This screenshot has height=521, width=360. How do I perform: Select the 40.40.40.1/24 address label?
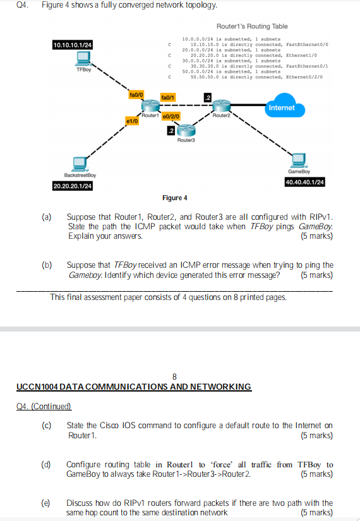(x=305, y=182)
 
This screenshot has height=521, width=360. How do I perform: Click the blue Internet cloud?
(x=281, y=106)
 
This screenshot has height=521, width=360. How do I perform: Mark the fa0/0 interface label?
(x=136, y=94)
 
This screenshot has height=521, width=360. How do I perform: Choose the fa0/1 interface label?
(x=169, y=98)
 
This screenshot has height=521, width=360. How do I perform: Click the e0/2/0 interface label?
(x=171, y=117)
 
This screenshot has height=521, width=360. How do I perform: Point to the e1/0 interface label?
(x=132, y=119)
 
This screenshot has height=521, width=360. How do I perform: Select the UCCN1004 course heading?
(x=132, y=386)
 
